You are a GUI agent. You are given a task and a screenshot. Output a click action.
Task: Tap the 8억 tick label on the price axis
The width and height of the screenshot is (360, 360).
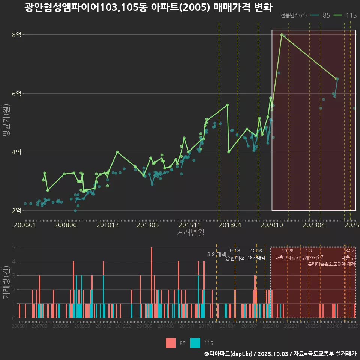click(x=16, y=35)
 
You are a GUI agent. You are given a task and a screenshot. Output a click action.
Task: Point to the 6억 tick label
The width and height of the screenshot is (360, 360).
click(x=16, y=93)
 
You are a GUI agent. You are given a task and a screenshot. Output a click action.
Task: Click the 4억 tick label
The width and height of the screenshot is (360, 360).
click(x=16, y=152)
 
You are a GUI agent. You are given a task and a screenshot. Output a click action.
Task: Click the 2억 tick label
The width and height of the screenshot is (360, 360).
click(x=16, y=210)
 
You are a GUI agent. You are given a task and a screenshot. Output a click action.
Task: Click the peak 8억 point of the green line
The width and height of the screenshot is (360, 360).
click(x=282, y=35)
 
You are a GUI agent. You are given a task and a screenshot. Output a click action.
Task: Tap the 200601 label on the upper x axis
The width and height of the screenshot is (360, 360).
click(x=24, y=225)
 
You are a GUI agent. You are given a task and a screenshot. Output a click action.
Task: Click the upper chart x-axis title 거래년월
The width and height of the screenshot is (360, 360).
click(x=190, y=233)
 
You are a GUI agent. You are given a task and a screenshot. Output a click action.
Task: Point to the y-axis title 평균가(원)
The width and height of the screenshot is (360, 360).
click(x=6, y=122)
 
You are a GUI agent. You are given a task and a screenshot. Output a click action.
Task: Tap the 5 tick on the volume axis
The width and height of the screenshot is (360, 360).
click(x=13, y=247)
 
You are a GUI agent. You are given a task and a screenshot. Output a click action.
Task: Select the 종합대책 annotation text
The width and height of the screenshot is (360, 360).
click(x=235, y=258)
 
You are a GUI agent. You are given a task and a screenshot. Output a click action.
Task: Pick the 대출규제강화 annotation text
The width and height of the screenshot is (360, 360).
click(x=288, y=258)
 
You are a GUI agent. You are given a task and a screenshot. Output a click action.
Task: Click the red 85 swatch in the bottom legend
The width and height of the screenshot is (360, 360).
click(x=171, y=343)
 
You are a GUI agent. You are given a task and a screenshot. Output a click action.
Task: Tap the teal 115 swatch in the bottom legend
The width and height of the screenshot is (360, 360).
click(x=195, y=343)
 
